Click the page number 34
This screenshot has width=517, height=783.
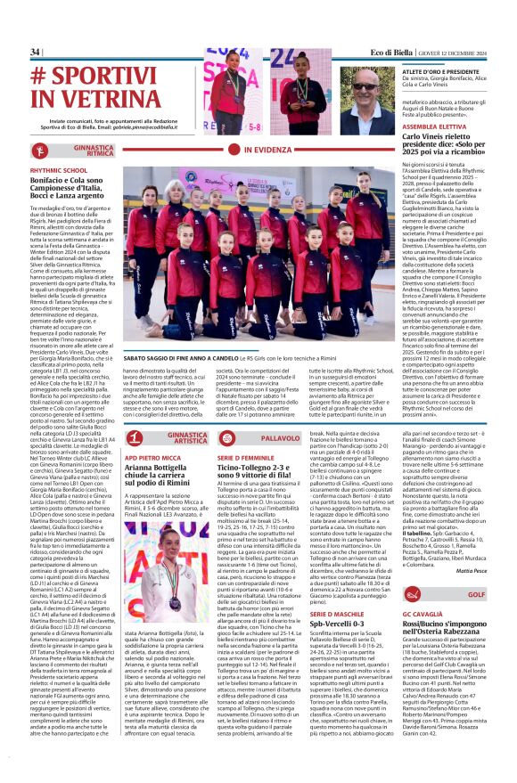(x=36, y=53)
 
